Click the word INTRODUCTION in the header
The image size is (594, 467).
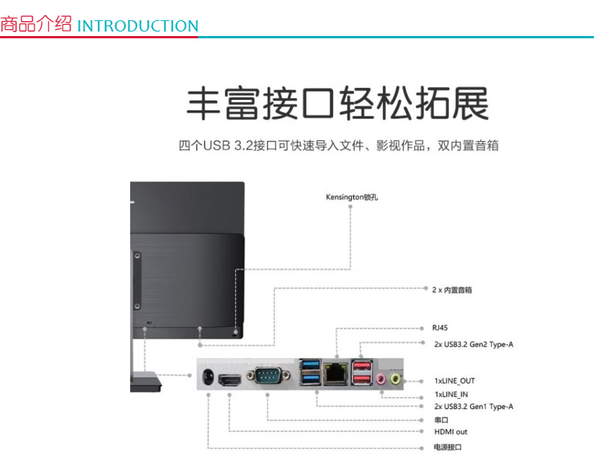click(x=138, y=26)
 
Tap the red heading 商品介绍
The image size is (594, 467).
click(x=36, y=24)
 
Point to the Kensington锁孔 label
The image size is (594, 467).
click(x=351, y=197)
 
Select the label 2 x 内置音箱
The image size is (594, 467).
click(x=452, y=289)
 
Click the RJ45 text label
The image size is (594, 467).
click(x=440, y=328)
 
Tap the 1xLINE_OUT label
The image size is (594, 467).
click(x=454, y=381)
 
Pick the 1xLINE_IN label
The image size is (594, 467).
click(x=451, y=394)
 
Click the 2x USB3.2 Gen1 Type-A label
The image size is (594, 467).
click(x=473, y=406)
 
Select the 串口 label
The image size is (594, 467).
click(x=441, y=420)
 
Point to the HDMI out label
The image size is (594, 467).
click(x=450, y=432)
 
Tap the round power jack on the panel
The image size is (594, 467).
click(x=207, y=375)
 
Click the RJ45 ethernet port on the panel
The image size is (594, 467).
click(x=335, y=371)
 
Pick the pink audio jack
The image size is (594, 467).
click(x=381, y=378)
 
